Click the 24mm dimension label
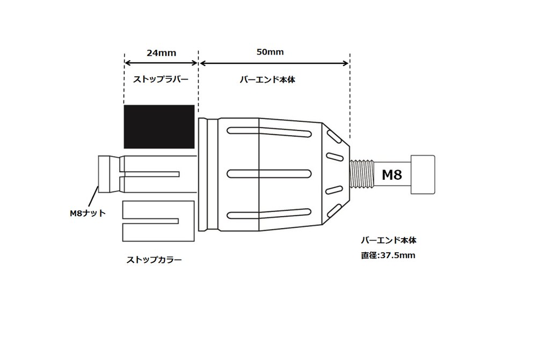(x=161, y=53)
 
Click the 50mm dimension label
(x=270, y=52)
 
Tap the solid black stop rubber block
(x=159, y=127)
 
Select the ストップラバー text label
(x=161, y=79)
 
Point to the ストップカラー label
(x=154, y=260)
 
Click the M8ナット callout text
(x=88, y=213)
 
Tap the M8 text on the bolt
(x=392, y=175)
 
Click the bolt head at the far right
(x=423, y=174)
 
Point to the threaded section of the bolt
(x=362, y=174)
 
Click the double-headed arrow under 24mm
(x=161, y=63)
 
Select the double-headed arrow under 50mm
(x=274, y=63)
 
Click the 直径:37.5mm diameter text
(x=388, y=255)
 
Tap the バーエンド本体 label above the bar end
(x=267, y=79)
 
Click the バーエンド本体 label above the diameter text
(x=389, y=240)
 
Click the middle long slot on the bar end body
(x=269, y=174)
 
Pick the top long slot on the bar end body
(x=269, y=132)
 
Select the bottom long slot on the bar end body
(x=269, y=214)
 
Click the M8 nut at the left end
(x=104, y=174)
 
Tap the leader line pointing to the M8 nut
(x=93, y=196)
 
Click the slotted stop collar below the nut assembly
(x=158, y=221)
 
